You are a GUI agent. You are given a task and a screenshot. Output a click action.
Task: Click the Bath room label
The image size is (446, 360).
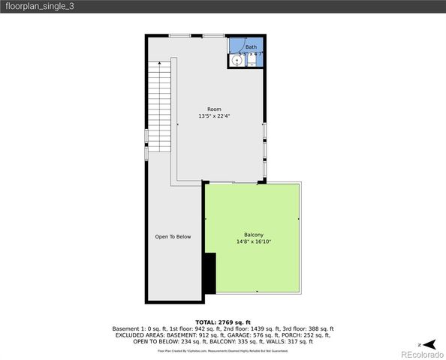pyautogui.click(x=250, y=47)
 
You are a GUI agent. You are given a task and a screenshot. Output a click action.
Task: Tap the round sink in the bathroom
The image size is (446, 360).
pyautogui.click(x=237, y=61)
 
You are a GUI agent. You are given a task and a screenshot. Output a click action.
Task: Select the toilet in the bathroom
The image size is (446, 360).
pyautogui.click(x=252, y=61)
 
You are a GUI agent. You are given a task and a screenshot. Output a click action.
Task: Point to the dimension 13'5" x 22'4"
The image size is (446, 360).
pyautogui.click(x=214, y=116)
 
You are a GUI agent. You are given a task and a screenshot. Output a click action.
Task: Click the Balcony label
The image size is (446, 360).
pyautogui.click(x=253, y=235)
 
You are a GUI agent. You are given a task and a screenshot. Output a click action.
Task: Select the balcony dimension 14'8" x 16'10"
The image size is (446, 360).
pyautogui.click(x=253, y=241)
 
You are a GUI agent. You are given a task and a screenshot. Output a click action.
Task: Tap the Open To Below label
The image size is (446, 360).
pyautogui.click(x=173, y=237)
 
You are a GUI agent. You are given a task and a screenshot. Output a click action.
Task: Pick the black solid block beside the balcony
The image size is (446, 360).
pyautogui.click(x=210, y=273)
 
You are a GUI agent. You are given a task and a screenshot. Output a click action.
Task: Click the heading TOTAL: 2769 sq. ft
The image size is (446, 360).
pyautogui.click(x=223, y=322)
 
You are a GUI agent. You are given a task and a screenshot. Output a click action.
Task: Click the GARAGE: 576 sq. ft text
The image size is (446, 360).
pyautogui.click(x=257, y=334)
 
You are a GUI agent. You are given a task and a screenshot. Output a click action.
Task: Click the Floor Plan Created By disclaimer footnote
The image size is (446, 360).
pyautogui.click(x=223, y=350)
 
